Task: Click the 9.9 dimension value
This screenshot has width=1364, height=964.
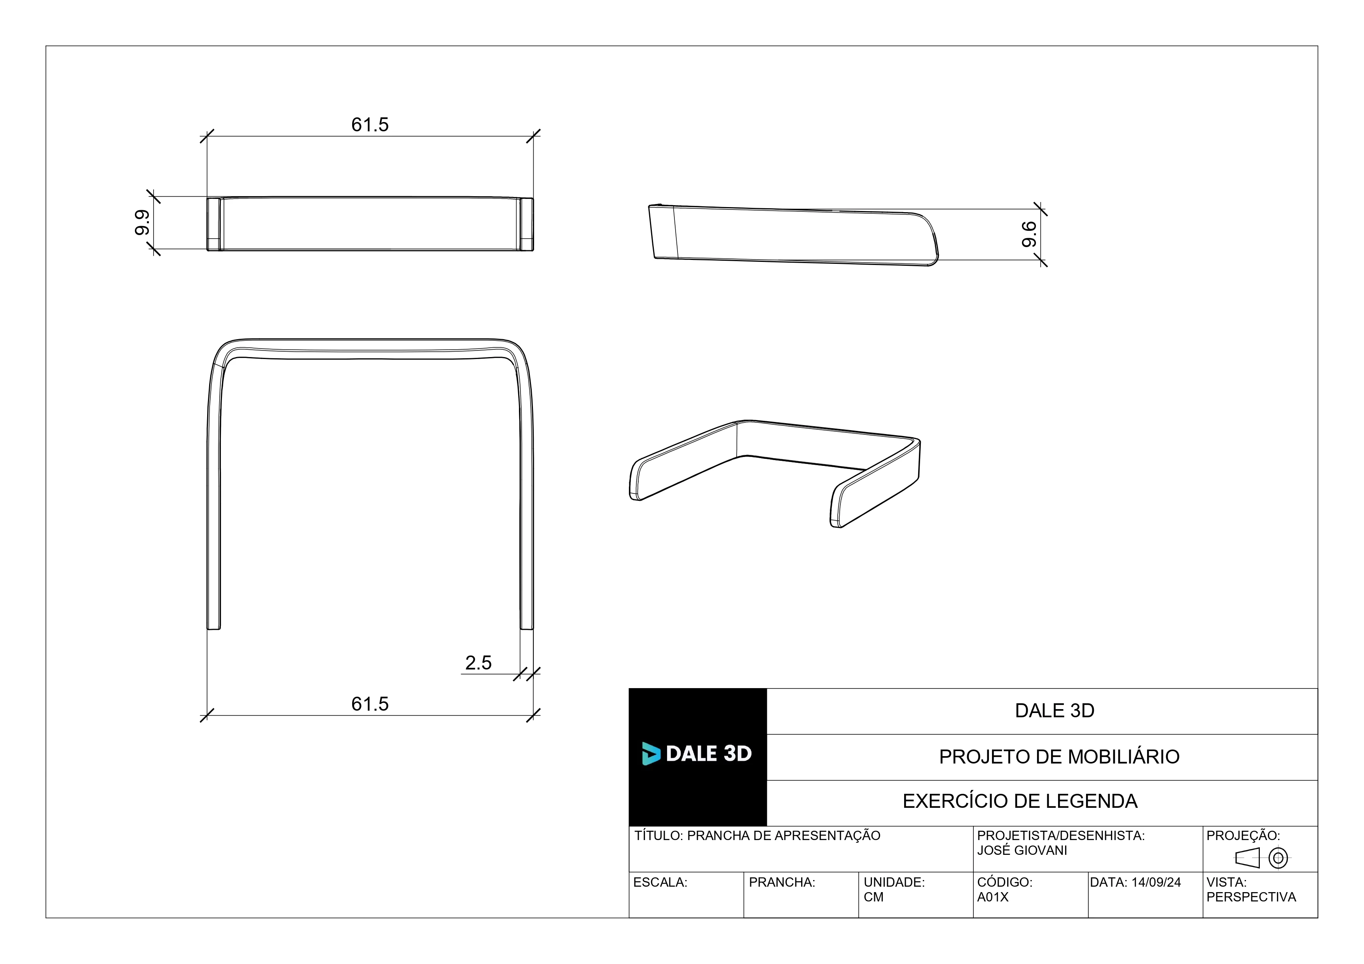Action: (142, 223)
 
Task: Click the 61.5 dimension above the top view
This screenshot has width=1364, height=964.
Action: (370, 125)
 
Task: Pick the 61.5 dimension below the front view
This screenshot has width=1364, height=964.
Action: (370, 704)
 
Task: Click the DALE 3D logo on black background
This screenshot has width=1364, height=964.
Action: (697, 754)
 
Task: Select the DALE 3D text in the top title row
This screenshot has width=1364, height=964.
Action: (1055, 710)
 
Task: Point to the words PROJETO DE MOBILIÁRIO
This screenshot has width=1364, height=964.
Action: (1059, 757)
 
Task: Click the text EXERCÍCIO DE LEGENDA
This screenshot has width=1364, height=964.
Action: (1020, 801)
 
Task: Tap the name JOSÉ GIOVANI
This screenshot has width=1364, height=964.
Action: (1022, 851)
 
